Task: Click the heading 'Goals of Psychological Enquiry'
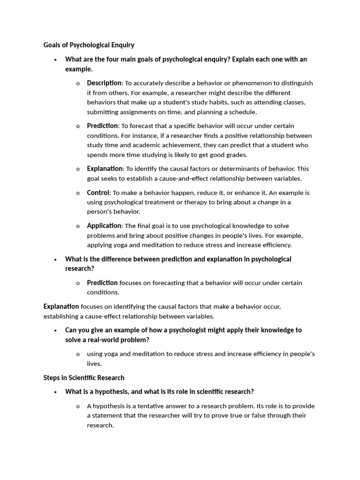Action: point(89,45)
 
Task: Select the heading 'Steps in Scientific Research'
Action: point(84,377)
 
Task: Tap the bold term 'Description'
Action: point(104,83)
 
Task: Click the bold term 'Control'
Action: point(98,193)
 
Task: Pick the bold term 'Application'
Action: point(104,226)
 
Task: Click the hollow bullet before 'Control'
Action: point(77,193)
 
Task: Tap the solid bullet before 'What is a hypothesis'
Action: point(55,392)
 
